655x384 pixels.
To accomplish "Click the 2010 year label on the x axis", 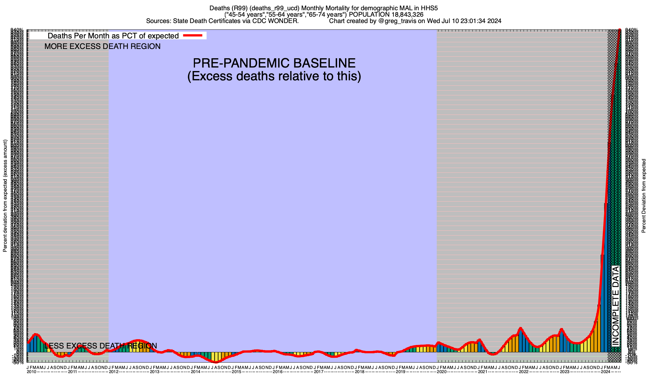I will tap(31, 372).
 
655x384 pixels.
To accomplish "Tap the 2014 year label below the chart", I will tap(195, 372).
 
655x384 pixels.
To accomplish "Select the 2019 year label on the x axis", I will tap(400, 372).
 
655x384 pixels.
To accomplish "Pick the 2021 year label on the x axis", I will tap(482, 372).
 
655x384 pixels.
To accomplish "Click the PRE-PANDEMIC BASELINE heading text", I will tap(274, 63).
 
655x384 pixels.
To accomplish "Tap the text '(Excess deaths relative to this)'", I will tap(274, 76).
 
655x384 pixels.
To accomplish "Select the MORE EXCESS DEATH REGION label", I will tap(102, 46).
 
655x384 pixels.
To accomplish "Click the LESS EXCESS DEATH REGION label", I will tap(101, 346).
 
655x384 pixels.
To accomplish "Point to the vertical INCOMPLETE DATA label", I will tap(616, 306).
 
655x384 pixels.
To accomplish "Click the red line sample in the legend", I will tap(193, 36).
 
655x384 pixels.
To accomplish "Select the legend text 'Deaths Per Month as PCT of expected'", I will tap(113, 36).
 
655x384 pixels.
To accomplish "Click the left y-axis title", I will tap(5, 196).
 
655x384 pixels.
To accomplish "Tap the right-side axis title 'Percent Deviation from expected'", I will tap(644, 196).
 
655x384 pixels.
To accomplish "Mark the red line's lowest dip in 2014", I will tap(216, 362).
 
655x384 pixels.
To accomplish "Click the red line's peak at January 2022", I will tap(521, 328).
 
